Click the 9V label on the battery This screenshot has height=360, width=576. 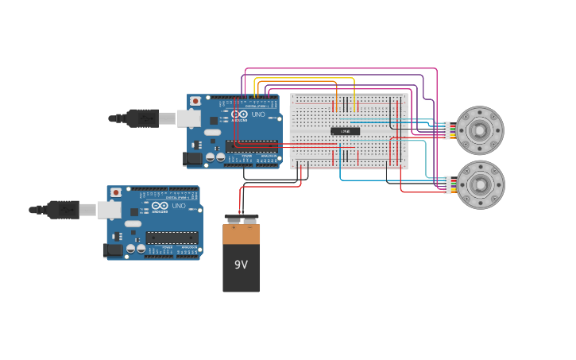tap(241, 265)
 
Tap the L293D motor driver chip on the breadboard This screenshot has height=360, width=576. tap(345, 131)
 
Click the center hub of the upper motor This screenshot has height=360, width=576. tap(480, 130)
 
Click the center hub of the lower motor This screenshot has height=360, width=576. tap(480, 185)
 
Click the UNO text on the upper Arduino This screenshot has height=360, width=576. tap(258, 114)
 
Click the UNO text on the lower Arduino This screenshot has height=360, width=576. tap(178, 206)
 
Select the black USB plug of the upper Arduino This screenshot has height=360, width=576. tap(143, 118)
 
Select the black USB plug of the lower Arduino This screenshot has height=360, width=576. tap(63, 210)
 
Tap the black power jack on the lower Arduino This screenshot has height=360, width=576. tap(113, 250)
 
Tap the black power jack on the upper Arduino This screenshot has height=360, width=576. tap(193, 159)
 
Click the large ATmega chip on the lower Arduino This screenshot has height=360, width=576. tap(172, 238)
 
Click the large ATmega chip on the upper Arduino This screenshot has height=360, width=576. tap(252, 146)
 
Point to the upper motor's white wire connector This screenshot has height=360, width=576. tap(446, 130)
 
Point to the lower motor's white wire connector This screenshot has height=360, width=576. tap(446, 185)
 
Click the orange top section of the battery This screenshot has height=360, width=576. tap(241, 234)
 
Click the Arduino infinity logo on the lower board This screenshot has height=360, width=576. tap(160, 206)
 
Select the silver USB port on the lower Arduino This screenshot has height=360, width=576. tap(109, 210)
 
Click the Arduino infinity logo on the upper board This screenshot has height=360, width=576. tap(240, 114)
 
